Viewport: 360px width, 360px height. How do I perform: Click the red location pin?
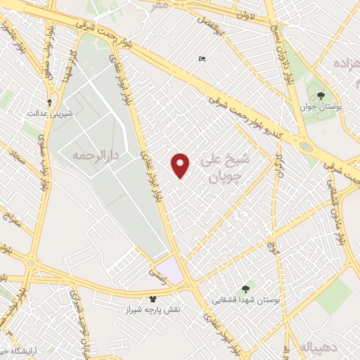(x=181, y=165)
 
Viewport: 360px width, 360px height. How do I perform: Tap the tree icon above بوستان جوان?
(x=321, y=95)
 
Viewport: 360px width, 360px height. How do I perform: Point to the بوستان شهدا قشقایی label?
(x=247, y=300)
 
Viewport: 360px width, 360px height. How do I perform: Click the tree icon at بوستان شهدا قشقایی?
(x=245, y=288)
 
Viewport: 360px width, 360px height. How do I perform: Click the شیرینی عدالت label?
(x=49, y=112)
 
